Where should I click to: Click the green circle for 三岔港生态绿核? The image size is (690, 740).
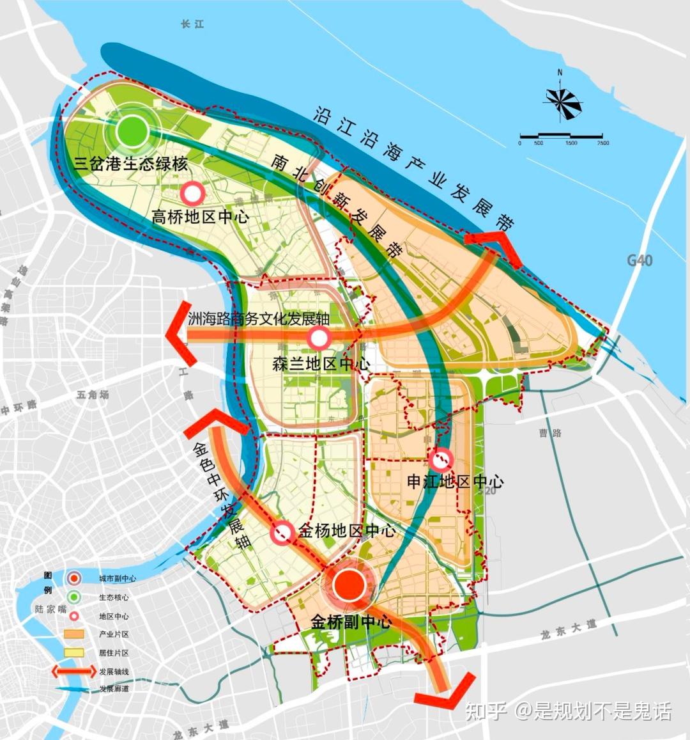133,131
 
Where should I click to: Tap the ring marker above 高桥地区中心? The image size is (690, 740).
192,193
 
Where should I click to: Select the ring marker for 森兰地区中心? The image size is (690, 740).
319,338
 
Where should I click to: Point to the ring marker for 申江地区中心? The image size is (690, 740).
441,459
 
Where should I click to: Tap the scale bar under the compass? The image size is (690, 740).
561,136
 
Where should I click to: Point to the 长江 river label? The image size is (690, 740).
192,24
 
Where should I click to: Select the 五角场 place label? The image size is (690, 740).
93,395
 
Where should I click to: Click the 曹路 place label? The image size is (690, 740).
550,433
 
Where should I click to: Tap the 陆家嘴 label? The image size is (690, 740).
51,609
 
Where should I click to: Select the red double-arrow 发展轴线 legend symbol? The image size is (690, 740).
74,672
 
